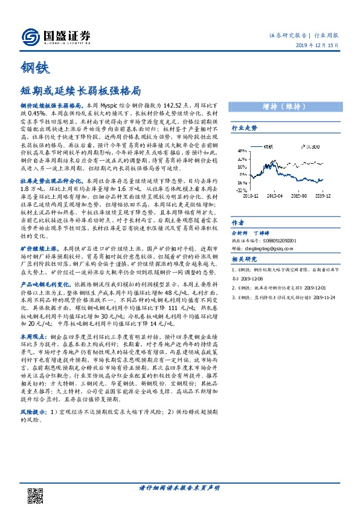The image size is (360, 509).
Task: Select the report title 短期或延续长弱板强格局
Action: pyautogui.click(x=80, y=91)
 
